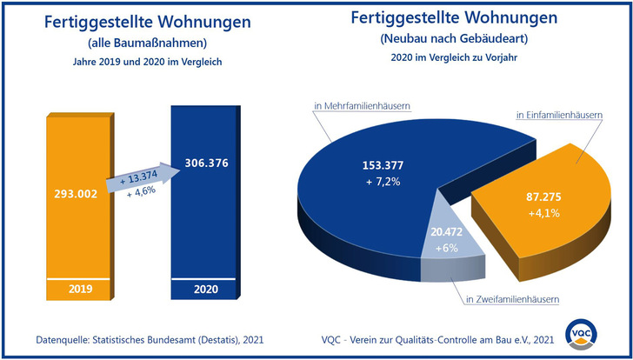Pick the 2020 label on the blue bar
tap(206, 289)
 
